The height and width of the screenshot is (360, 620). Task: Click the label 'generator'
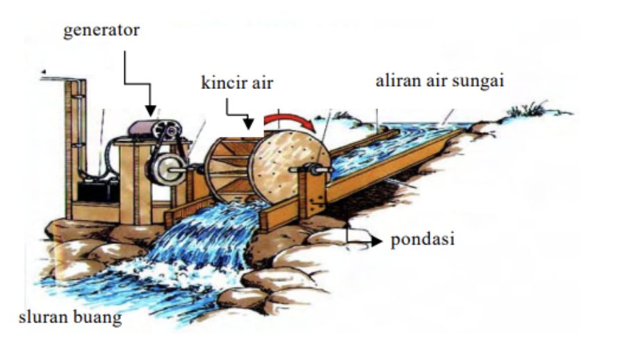coord(101,31)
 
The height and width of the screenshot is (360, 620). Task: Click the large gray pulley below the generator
coord(165,169)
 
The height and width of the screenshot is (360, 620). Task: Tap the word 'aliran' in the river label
coord(397,81)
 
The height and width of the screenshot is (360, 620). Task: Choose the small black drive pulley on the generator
coord(166,130)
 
